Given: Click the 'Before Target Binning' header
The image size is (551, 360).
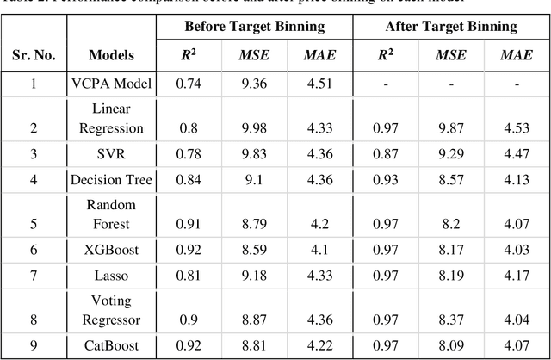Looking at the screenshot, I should click(x=254, y=26).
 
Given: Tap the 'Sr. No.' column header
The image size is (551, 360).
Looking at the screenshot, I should click(x=34, y=55).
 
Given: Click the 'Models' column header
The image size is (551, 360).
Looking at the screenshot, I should click(x=111, y=55).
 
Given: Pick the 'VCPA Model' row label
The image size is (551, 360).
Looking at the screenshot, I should click(x=111, y=84).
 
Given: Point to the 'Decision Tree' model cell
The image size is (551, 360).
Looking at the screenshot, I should click(x=111, y=179).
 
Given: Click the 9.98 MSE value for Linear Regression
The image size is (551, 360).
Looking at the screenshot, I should click(x=254, y=128).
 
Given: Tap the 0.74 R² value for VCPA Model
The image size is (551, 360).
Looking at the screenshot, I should click(x=188, y=84).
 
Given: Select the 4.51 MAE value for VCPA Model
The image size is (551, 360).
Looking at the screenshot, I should click(x=319, y=84).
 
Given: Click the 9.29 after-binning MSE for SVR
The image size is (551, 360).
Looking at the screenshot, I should click(x=450, y=154).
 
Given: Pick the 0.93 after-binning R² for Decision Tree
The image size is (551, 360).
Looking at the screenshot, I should click(x=385, y=179).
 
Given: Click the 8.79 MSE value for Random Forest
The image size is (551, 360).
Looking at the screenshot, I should click(x=254, y=223).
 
